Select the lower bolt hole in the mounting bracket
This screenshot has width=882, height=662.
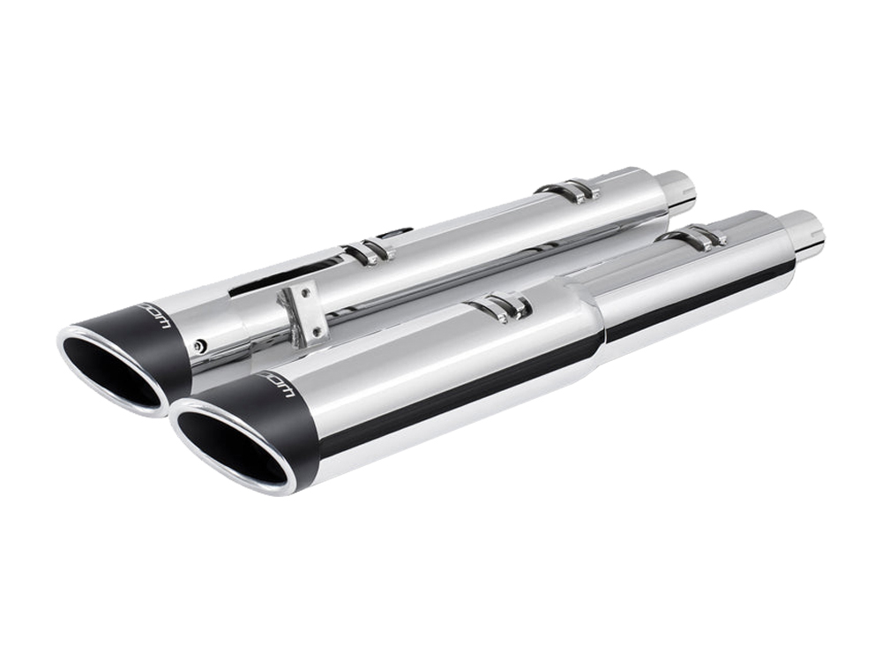pyautogui.click(x=311, y=332)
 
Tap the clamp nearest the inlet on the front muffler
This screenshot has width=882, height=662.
pyautogui.click(x=697, y=237)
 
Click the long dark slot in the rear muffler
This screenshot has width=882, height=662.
pyautogui.click(x=282, y=274)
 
